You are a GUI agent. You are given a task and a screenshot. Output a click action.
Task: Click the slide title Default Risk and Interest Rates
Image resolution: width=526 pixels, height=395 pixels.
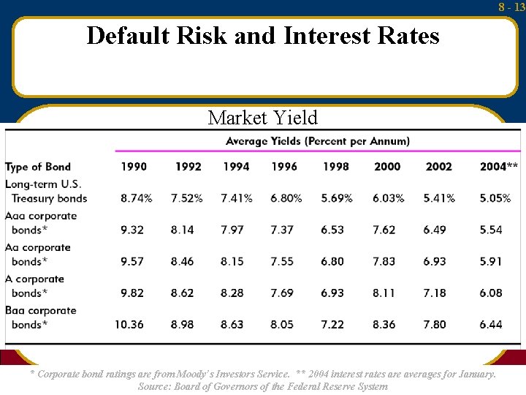click(263, 36)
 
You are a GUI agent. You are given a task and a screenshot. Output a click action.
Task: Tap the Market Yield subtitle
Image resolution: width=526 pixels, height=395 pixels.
click(263, 118)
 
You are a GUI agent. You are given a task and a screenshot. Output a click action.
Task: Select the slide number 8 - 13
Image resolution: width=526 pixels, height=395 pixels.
click(511, 7)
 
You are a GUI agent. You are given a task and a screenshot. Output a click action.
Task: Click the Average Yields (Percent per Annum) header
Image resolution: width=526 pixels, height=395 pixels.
click(318, 141)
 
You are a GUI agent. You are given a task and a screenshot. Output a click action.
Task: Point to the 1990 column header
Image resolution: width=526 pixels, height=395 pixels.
click(134, 167)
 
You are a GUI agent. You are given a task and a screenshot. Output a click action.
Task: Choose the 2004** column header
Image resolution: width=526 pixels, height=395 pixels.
click(498, 167)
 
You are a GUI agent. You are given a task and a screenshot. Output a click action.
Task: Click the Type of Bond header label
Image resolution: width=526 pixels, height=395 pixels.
click(38, 167)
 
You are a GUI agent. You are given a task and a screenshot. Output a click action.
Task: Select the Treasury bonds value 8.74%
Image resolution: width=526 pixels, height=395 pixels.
click(137, 198)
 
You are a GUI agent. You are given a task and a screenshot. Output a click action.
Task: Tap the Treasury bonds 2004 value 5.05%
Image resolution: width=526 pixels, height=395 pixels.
click(495, 198)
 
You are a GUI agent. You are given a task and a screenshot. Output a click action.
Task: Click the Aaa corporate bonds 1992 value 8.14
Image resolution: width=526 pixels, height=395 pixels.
click(182, 230)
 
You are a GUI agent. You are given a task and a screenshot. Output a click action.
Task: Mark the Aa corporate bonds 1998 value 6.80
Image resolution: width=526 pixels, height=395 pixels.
click(332, 261)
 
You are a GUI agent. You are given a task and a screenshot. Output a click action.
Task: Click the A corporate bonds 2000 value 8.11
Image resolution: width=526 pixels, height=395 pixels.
click(384, 293)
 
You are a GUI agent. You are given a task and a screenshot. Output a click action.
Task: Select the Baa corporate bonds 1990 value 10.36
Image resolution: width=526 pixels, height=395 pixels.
click(129, 324)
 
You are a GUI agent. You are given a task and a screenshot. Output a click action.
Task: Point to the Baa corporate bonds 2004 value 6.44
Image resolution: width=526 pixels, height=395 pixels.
click(491, 324)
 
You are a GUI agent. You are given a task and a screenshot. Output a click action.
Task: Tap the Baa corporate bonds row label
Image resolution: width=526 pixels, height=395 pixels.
click(41, 317)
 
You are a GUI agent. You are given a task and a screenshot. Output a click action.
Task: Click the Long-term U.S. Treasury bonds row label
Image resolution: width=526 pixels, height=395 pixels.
click(45, 190)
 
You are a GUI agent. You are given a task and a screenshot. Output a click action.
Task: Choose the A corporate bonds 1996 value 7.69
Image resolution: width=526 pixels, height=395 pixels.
click(282, 293)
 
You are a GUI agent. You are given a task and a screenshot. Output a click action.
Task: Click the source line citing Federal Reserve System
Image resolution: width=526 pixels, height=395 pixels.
click(263, 386)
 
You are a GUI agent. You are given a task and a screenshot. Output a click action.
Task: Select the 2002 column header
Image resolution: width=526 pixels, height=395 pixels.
click(438, 167)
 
